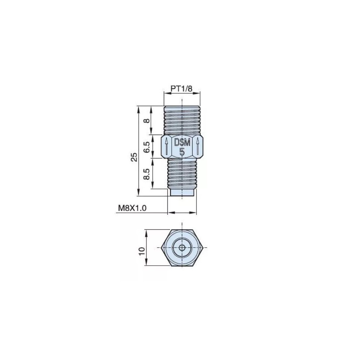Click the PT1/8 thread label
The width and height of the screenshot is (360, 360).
pos(181,89)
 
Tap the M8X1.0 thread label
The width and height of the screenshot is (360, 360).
pos(132,208)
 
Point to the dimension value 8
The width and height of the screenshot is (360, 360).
pos(147,121)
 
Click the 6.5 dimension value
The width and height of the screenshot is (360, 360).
pos(147,147)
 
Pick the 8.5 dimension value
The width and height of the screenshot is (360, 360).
pos(147,174)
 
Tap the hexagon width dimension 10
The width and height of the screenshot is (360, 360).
pos(142,251)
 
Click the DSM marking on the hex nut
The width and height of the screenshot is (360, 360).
pos(182,143)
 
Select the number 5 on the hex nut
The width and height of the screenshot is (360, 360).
pos(182,152)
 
